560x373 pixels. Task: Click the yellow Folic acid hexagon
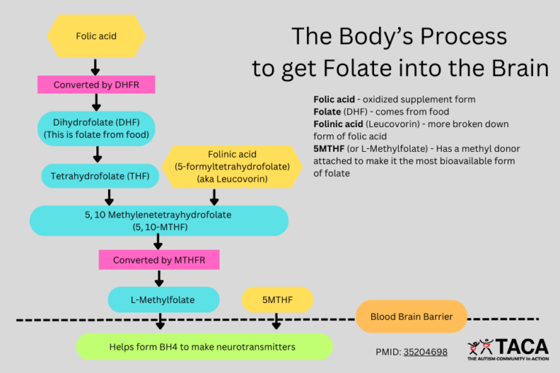(96, 35)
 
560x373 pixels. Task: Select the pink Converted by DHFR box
(96, 85)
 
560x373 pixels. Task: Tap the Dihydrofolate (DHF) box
(96, 128)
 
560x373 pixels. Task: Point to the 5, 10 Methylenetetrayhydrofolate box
(159, 220)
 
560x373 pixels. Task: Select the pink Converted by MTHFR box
(158, 260)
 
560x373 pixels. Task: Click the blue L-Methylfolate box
(163, 299)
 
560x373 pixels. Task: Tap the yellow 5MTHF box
(277, 299)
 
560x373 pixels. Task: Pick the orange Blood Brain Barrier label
(411, 317)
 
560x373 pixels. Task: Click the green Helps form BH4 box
(204, 347)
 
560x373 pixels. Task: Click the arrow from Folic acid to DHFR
(96, 67)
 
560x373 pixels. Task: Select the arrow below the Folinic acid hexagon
(214, 197)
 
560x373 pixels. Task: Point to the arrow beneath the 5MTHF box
(276, 321)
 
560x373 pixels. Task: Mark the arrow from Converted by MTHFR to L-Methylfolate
(158, 278)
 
